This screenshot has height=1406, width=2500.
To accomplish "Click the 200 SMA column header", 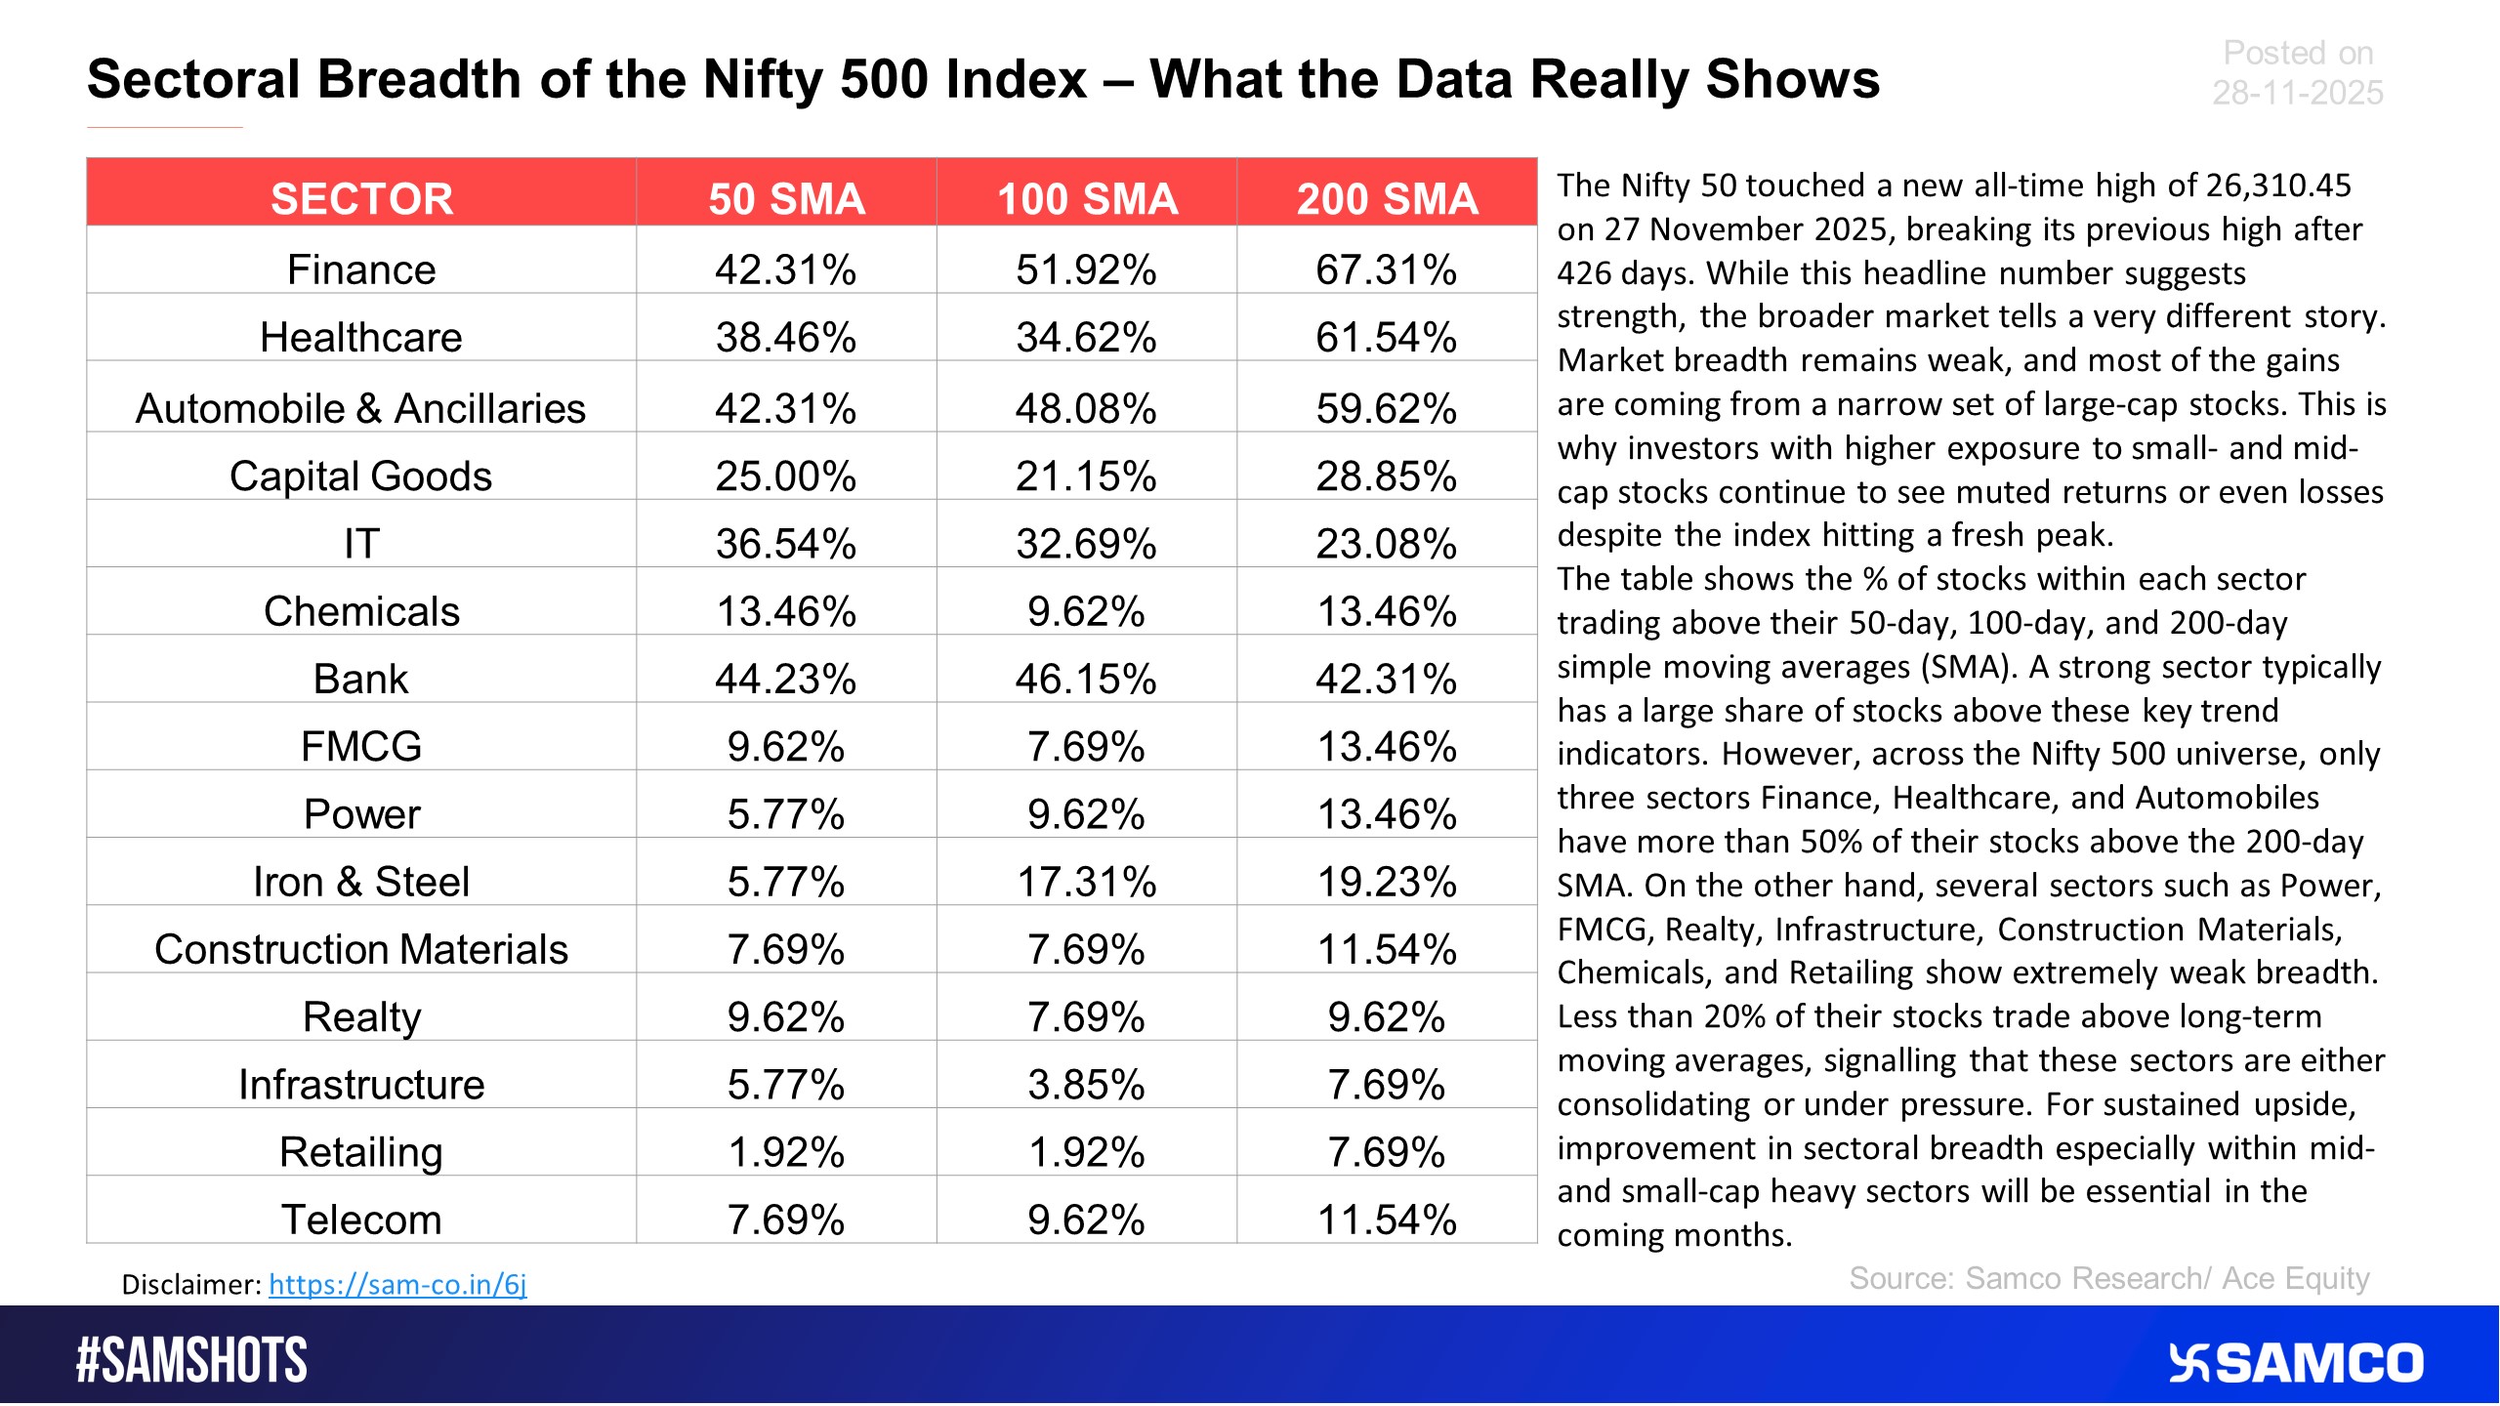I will pos(1387,198).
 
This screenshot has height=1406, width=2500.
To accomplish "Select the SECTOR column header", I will pos(361,198).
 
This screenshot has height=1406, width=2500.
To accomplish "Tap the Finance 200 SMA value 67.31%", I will pos(1386,269).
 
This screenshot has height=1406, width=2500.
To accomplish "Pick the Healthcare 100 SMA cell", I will pos(1086,337).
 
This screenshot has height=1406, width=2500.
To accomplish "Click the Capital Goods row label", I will pos(360,476).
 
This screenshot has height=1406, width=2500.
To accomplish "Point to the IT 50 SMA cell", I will pos(785,544).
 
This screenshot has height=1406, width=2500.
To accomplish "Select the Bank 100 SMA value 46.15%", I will pos(1086,679).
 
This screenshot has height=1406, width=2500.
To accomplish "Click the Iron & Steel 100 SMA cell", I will pos(1086,882).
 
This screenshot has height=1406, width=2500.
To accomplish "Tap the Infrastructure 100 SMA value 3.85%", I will pos(1086,1085).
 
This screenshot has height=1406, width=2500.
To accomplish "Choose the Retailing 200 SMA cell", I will pos(1386,1152).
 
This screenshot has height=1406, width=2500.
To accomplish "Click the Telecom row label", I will pos(361,1220).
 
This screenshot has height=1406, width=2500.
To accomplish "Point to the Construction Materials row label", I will pos(360,949).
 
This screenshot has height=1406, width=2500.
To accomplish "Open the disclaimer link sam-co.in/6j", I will pos(397,1284).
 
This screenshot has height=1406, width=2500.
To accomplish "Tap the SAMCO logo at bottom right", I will pos(2295,1363).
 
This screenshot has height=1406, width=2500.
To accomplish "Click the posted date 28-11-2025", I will pos(2297,93).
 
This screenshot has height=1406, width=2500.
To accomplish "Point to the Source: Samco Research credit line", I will pos(2108,1278).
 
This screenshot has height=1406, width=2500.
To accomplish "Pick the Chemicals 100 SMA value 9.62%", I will pos(1086,611).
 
